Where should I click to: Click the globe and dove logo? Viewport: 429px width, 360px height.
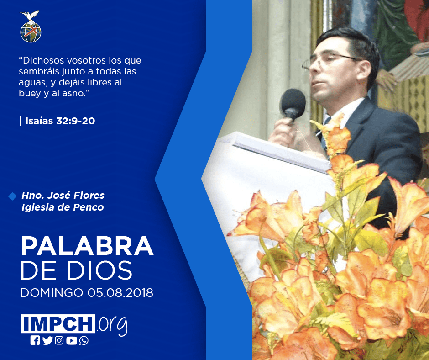tap(31, 26)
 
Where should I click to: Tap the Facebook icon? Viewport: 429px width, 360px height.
tap(35, 340)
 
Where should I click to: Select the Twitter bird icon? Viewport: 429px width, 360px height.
tap(47, 340)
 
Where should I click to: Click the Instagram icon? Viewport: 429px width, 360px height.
tap(59, 340)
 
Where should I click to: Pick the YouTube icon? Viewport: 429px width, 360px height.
tap(72, 340)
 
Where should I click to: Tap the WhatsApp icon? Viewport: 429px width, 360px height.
tap(84, 340)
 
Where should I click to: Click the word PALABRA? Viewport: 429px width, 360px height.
tap(87, 246)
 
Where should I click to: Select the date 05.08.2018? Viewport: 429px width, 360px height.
tap(120, 293)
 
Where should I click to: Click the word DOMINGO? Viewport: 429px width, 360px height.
tap(52, 293)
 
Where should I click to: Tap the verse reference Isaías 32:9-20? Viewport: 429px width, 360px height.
tap(60, 121)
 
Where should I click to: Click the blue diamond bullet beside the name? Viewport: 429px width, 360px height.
tap(13, 196)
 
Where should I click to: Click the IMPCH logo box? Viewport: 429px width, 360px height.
tap(58, 323)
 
